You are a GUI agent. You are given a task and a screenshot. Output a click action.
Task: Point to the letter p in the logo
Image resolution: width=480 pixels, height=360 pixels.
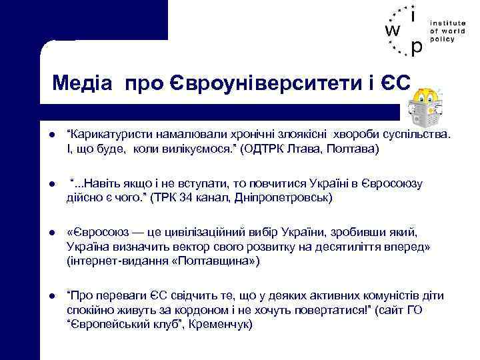417,48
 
